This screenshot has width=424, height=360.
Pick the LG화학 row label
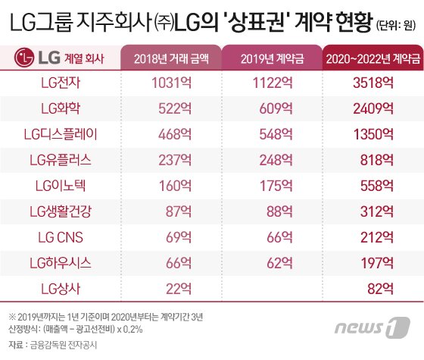click(64, 108)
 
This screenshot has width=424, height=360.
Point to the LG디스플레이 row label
click(64, 133)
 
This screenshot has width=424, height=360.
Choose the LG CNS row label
click(64, 237)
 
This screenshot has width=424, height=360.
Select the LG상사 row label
click(64, 289)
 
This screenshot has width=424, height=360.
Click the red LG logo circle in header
click(28, 58)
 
